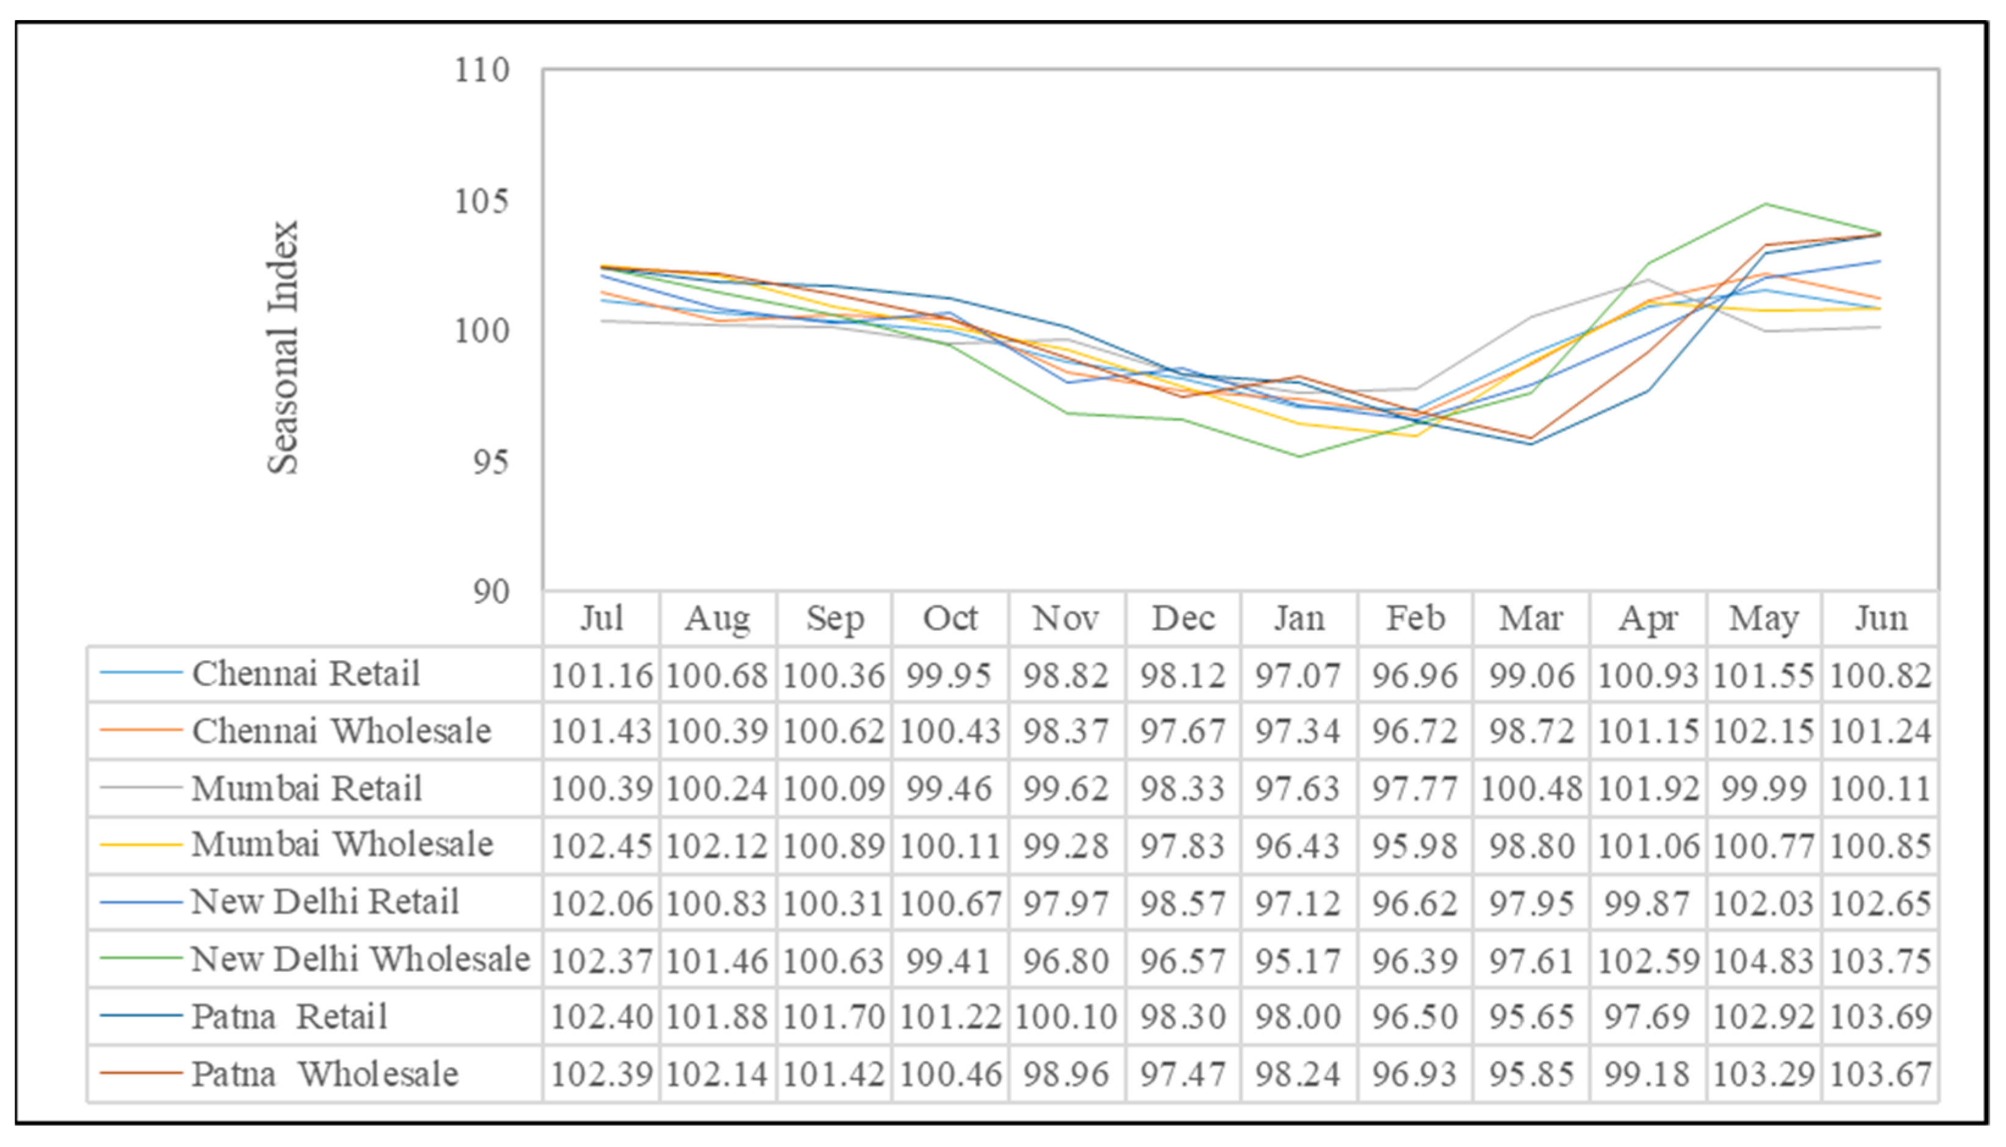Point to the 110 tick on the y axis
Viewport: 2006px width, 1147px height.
[481, 71]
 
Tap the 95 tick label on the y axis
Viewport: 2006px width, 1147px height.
[490, 462]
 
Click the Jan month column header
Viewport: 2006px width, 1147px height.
[1299, 619]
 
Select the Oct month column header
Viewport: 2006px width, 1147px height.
[950, 619]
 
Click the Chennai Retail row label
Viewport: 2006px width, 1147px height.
[306, 674]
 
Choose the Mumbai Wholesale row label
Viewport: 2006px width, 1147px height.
[342, 844]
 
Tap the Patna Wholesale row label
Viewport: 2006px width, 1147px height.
[325, 1074]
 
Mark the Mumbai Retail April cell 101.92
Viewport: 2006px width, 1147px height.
[1648, 788]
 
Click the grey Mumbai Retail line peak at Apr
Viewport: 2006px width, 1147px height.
[1648, 279]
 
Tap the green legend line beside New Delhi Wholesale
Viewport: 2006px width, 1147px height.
[141, 958]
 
